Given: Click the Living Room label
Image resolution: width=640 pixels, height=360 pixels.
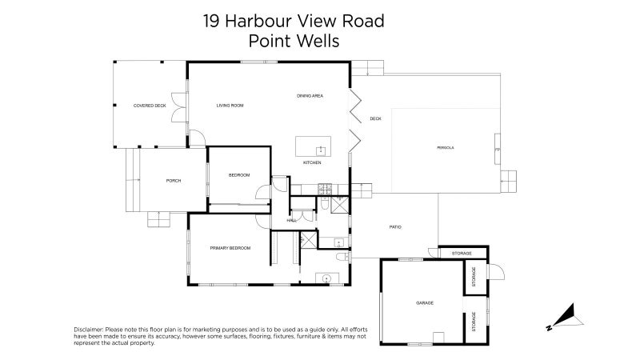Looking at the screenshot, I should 230,106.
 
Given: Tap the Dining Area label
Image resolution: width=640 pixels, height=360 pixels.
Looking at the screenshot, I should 310,96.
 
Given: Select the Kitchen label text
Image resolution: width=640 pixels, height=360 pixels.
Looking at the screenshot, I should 312,163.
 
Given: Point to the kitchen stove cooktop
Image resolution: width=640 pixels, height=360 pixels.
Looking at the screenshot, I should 325,189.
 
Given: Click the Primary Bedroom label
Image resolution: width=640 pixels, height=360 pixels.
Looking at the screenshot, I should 230,248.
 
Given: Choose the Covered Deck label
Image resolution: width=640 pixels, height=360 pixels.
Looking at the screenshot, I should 150,106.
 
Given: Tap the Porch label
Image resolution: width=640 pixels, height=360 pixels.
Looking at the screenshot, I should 174,181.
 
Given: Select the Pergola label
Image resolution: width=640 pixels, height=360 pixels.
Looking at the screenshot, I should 446,148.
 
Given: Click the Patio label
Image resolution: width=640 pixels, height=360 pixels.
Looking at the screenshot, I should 395,227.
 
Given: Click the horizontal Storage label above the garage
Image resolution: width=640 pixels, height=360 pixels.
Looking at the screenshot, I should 462,254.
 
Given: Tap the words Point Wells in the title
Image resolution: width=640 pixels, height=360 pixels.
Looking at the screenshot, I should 294,41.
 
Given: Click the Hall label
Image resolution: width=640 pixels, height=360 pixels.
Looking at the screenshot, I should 292,220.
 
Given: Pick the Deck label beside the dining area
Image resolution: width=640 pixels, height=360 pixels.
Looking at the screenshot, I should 375,119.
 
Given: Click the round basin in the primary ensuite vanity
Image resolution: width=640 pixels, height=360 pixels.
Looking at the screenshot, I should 326,278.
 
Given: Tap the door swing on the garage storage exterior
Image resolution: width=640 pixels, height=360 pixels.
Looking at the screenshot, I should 495,273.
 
